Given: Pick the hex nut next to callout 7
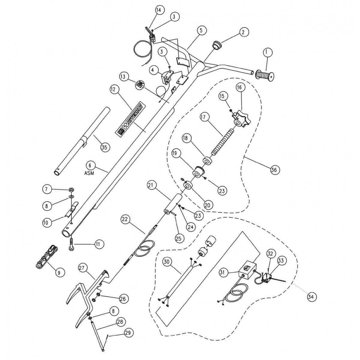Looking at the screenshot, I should (71, 190).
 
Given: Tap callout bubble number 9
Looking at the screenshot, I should (59, 272).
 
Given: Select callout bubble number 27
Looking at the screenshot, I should (83, 267).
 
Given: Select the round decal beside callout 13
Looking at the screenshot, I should (139, 85).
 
